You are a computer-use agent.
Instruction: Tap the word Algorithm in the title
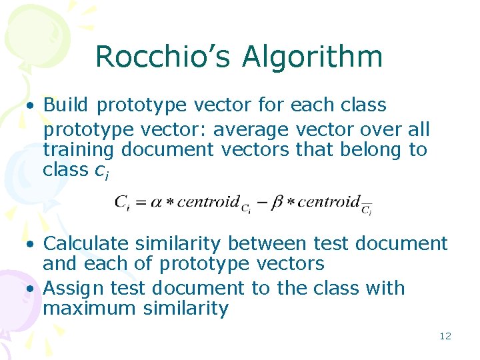pyautogui.click(x=313, y=58)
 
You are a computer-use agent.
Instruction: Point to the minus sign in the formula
pyautogui.click(x=261, y=202)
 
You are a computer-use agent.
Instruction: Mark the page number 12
pyautogui.click(x=445, y=336)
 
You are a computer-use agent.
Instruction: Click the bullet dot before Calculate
pyautogui.click(x=31, y=245)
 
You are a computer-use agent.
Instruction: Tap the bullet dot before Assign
pyautogui.click(x=31, y=289)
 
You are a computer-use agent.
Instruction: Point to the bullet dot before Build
pyautogui.click(x=31, y=105)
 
